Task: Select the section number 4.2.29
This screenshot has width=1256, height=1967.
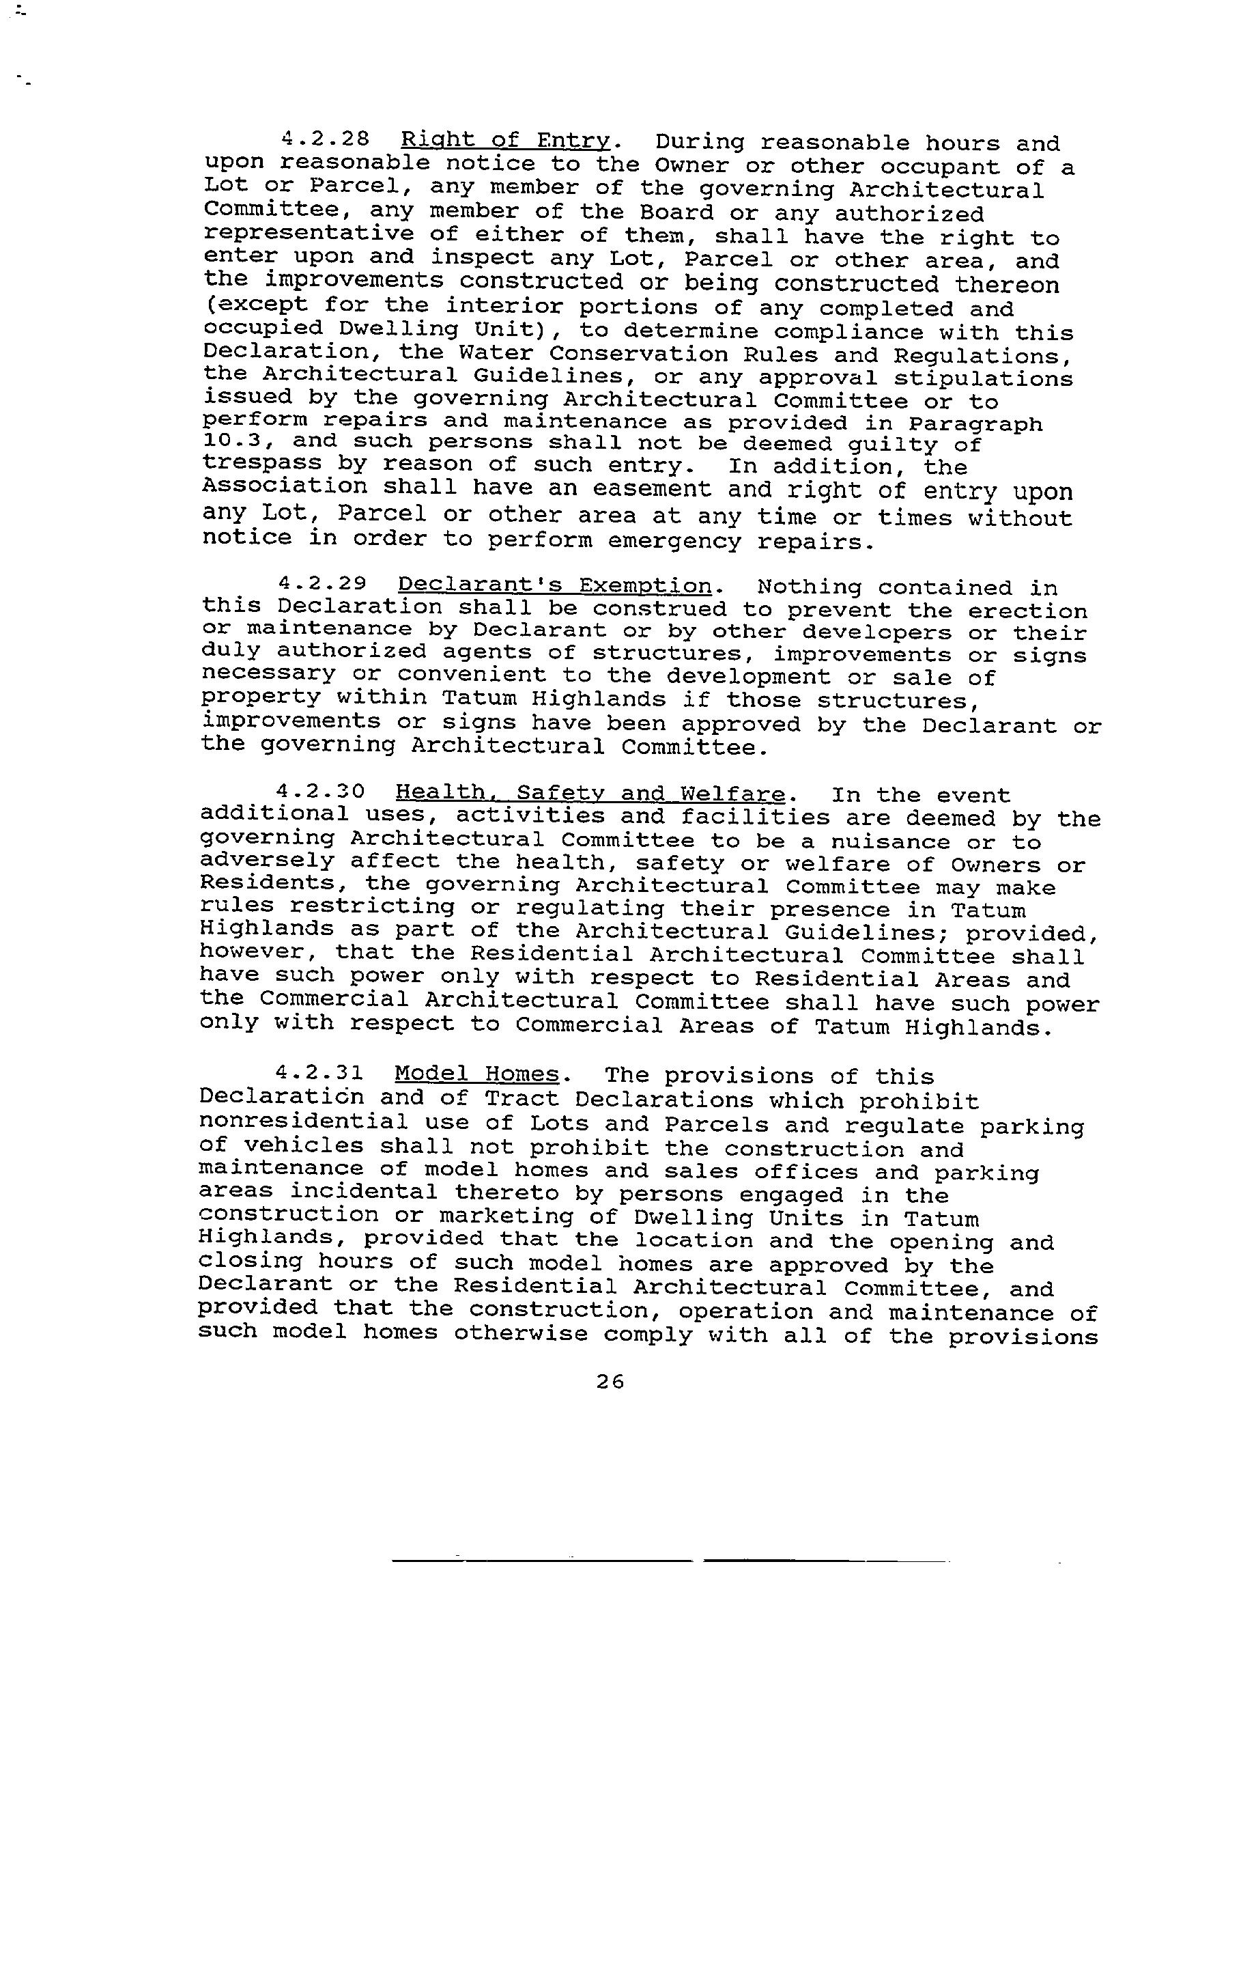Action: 322,584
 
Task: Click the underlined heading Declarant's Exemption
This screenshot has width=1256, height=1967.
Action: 554,586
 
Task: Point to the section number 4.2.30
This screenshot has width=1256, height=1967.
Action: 320,792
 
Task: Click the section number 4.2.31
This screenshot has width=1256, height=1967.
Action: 319,1072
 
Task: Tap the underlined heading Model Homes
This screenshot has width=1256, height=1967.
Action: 477,1074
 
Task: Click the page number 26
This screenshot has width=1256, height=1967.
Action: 610,1381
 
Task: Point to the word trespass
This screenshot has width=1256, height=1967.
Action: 261,464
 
